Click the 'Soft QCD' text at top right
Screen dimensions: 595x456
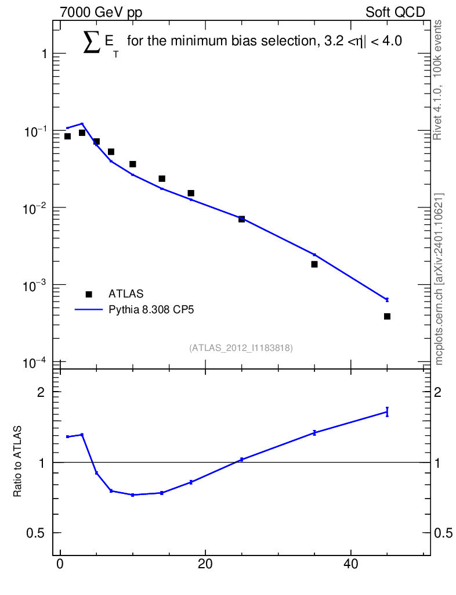(396, 12)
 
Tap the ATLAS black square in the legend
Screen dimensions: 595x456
(89, 294)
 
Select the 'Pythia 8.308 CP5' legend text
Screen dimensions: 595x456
(151, 310)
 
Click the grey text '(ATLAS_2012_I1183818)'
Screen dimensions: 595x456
(241, 348)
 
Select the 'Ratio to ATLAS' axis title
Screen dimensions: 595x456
(18, 461)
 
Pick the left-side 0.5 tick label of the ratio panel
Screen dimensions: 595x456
(35, 533)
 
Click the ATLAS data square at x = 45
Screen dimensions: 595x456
(387, 316)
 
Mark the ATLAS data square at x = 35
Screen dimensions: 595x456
(314, 264)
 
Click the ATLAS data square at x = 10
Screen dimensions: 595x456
(133, 164)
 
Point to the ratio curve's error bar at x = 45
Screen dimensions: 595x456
(387, 411)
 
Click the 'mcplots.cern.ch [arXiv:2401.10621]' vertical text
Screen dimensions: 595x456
(439, 279)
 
